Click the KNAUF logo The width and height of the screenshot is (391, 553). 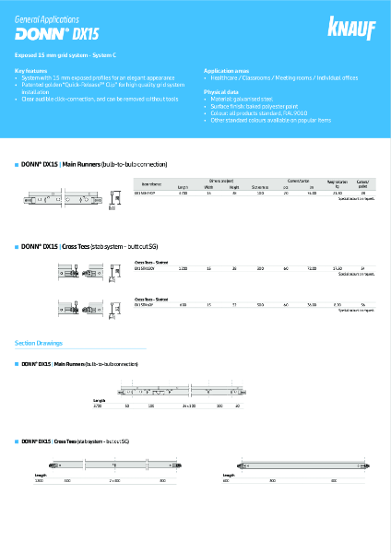point(357,28)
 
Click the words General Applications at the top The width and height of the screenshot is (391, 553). point(47,18)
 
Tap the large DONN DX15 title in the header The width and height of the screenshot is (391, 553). point(55,35)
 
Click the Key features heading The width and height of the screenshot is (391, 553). point(31,69)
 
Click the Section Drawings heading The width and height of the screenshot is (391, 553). point(39,343)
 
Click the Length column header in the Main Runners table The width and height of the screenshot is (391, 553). point(183,187)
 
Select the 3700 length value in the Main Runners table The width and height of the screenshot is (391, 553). point(183,194)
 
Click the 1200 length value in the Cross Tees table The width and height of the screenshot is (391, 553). point(183,268)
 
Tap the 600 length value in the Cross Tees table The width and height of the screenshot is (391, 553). point(183,303)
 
